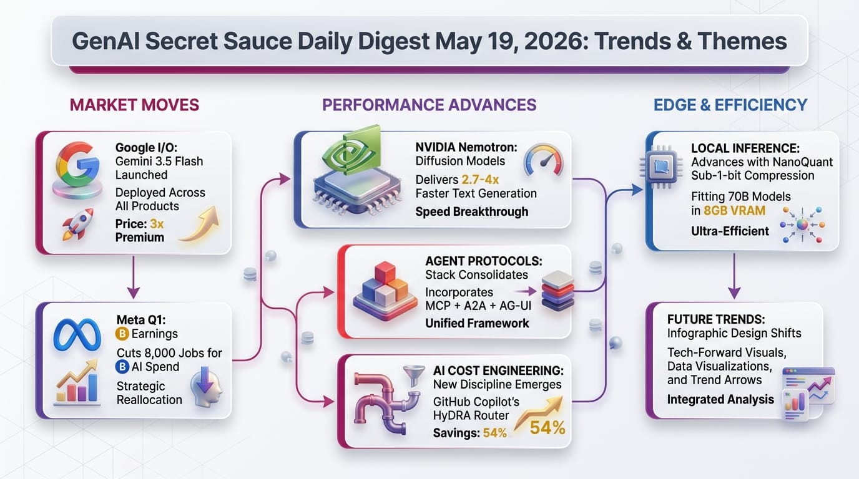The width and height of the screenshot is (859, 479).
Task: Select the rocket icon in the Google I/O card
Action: click(78, 224)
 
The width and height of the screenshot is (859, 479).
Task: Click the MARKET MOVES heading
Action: click(134, 105)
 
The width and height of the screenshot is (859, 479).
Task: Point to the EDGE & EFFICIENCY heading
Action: click(730, 105)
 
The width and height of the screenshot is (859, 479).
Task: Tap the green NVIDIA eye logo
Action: click(351, 151)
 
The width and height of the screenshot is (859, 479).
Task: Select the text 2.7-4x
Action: click(480, 180)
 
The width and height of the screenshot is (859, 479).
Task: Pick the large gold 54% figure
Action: click(547, 428)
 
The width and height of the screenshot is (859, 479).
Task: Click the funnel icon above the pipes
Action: click(414, 375)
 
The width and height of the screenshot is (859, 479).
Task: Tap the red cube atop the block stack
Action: click(385, 272)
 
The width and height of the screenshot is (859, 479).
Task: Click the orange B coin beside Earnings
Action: click(122, 334)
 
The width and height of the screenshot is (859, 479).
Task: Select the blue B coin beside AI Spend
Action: click(122, 367)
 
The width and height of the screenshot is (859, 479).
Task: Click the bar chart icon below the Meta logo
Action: click(77, 382)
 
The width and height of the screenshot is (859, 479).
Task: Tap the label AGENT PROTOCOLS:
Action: click(484, 261)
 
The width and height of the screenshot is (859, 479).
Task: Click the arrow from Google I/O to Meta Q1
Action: click(134, 278)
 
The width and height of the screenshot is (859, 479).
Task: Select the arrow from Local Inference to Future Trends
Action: click(734, 276)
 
